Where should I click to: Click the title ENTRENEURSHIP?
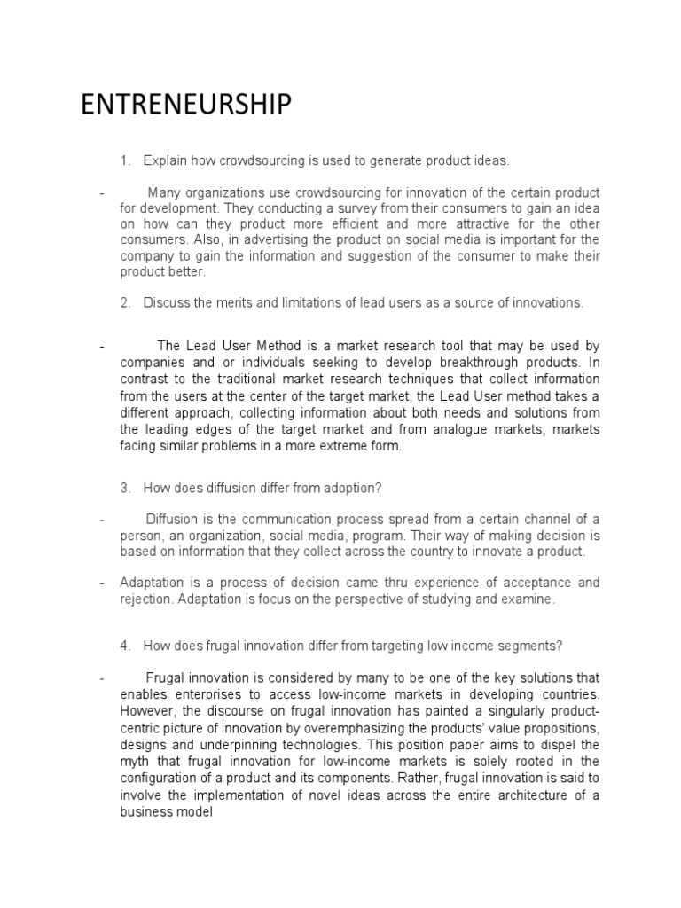pos(185,105)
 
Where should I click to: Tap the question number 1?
pos(125,160)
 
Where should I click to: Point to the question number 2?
pos(125,303)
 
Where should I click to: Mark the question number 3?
pos(125,489)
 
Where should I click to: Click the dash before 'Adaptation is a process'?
pos(103,583)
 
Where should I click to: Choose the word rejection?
pos(146,599)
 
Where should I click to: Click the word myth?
pos(137,763)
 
